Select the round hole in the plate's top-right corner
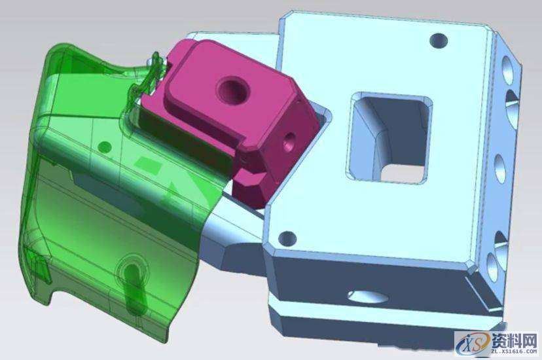pyautogui.click(x=439, y=41)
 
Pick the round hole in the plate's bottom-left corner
pyautogui.click(x=287, y=238)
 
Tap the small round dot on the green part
pyautogui.click(x=104, y=147)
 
